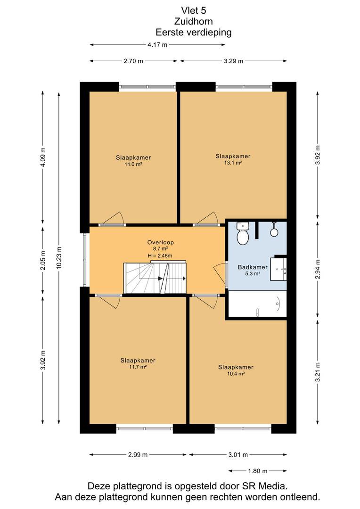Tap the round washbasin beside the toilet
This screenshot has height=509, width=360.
(274, 231)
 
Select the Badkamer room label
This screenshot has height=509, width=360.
(253, 267)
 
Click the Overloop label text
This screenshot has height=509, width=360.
(160, 242)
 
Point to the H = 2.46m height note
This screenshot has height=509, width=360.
(160, 256)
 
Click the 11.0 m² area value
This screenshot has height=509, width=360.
(133, 164)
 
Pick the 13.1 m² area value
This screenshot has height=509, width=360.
(233, 163)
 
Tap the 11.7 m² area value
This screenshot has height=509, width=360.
(138, 367)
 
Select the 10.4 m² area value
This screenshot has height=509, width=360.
(236, 374)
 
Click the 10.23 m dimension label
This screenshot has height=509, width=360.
(59, 258)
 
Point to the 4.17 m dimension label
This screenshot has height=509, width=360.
(157, 45)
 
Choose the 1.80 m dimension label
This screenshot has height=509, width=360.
(257, 471)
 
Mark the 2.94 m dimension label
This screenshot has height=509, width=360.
(318, 269)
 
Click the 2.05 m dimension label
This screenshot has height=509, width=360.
(43, 260)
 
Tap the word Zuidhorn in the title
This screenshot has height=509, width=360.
(194, 21)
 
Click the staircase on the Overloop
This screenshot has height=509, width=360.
(155, 278)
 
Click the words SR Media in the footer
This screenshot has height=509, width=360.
(264, 486)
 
